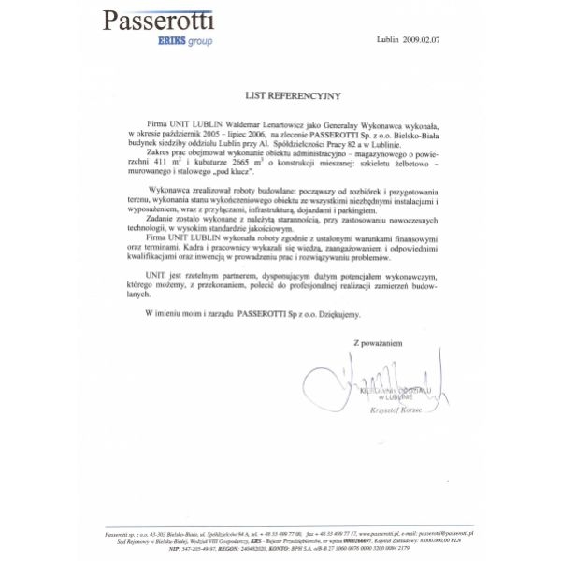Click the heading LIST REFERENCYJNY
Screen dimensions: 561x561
tap(280, 95)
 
